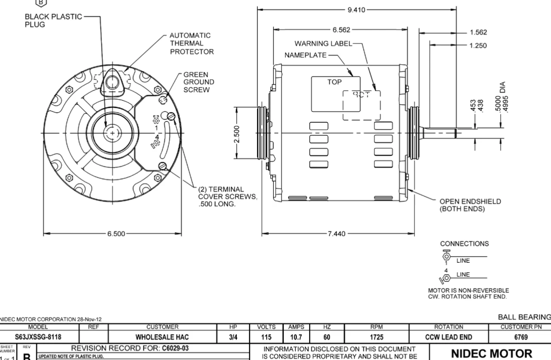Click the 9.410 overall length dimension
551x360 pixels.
[x=356, y=10]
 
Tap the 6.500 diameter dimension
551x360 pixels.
[x=117, y=234]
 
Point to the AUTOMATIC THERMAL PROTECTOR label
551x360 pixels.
[x=190, y=43]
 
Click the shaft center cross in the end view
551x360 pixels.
[x=113, y=133]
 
